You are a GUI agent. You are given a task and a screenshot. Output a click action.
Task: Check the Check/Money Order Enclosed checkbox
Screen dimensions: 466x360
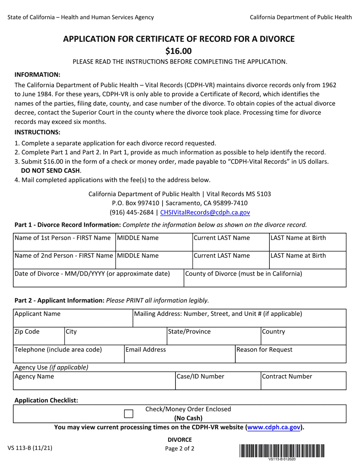click(x=129, y=414)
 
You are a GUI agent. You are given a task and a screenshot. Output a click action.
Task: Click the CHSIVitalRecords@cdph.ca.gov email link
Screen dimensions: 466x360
click(x=205, y=213)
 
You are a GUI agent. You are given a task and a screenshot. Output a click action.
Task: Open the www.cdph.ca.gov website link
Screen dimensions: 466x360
click(x=275, y=427)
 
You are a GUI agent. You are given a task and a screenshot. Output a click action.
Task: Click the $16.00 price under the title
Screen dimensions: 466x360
click(x=178, y=51)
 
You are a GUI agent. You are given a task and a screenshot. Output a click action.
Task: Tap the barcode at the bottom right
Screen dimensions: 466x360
click(x=282, y=451)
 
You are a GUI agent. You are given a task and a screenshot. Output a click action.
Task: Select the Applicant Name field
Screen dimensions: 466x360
click(x=73, y=320)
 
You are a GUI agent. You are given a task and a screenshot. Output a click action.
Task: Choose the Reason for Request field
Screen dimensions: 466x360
click(x=290, y=356)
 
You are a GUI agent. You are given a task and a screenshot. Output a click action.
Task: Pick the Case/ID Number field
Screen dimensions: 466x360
click(x=218, y=383)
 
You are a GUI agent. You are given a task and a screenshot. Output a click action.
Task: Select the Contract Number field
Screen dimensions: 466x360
click(x=303, y=383)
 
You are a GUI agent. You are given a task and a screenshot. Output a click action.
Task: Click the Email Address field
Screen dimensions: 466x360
click(x=180, y=356)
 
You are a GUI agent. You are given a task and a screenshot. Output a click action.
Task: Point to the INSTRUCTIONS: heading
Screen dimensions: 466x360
click(x=37, y=132)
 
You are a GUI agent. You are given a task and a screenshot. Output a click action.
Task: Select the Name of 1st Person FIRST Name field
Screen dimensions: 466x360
click(x=64, y=245)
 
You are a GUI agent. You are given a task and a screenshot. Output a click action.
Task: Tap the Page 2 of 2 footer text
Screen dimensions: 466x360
click(x=180, y=449)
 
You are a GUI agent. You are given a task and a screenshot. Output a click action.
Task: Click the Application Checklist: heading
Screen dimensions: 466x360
click(x=46, y=400)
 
